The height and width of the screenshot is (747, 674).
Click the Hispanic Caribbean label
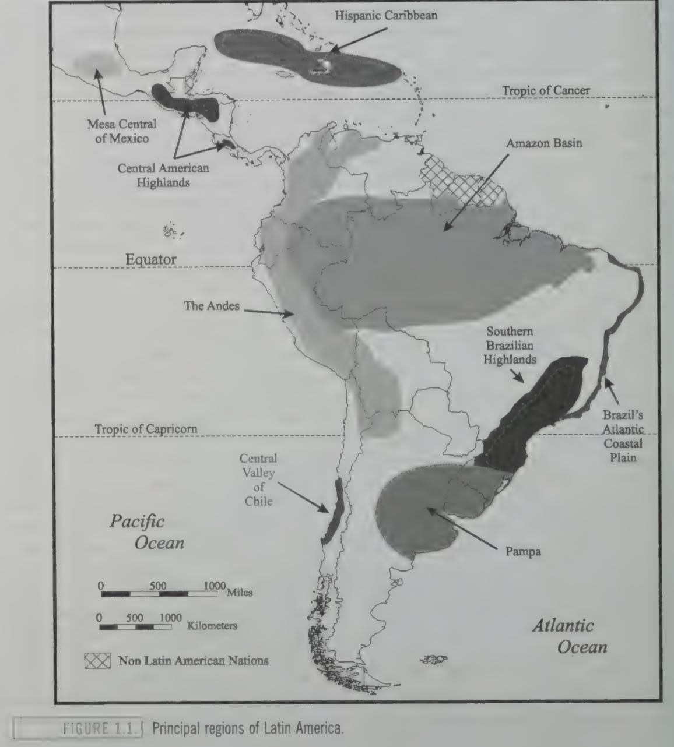click(385, 16)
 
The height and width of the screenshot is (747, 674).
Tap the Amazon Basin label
click(543, 143)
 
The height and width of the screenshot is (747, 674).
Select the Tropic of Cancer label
click(546, 90)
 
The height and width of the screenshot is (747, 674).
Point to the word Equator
click(151, 259)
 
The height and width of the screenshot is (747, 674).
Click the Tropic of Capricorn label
click(146, 429)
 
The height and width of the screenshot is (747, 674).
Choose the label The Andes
click(212, 305)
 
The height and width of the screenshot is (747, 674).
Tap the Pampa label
click(523, 551)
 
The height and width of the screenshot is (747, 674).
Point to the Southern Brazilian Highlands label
click(510, 345)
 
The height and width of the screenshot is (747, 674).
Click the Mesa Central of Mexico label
click(122, 131)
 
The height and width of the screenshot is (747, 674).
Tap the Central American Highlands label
click(163, 175)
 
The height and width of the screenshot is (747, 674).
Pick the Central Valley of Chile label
click(258, 480)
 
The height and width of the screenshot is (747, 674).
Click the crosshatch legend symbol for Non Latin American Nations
click(97, 661)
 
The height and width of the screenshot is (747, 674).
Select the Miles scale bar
click(159, 594)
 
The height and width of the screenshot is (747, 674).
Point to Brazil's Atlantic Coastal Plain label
click(623, 436)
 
